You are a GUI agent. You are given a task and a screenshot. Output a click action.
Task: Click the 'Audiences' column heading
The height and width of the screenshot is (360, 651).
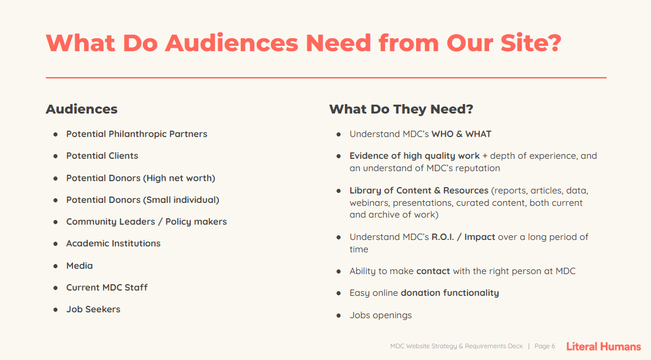[81, 109]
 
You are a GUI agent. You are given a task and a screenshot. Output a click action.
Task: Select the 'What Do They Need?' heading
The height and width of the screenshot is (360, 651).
[401, 109]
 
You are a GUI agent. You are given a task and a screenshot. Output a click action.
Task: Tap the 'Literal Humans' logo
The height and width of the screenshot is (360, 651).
[604, 346]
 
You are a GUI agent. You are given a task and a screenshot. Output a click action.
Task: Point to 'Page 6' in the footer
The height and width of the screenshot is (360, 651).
[544, 346]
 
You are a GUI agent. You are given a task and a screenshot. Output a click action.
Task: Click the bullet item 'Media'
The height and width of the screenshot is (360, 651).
[79, 265]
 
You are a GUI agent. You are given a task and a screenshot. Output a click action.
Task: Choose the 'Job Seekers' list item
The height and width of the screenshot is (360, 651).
[94, 309]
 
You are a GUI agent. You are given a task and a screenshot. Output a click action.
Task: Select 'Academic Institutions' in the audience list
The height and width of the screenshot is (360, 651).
[114, 244]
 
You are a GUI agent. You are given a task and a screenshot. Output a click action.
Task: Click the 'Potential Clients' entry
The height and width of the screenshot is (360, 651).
[102, 156]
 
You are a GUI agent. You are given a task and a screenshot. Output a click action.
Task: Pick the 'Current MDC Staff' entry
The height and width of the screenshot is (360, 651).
[107, 288]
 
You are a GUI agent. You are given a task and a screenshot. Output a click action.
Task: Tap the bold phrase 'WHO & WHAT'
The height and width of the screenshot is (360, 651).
[461, 134]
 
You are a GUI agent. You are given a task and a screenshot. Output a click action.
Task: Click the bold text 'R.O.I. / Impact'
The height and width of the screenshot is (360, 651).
[463, 237]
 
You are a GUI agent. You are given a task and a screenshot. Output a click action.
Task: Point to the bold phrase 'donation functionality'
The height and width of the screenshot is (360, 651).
[450, 293]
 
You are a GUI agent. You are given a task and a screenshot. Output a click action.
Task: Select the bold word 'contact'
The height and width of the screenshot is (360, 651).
[433, 271]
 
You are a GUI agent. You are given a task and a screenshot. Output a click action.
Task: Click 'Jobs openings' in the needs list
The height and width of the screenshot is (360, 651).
[381, 315]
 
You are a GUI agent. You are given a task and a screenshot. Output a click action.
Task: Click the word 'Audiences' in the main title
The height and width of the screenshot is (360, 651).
[232, 43]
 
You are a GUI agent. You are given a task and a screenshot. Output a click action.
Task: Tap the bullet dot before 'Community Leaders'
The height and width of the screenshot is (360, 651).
[56, 222]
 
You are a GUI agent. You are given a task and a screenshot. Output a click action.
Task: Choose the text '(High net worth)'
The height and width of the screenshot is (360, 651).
[180, 178]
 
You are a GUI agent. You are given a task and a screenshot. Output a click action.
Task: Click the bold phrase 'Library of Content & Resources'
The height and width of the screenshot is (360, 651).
[419, 191]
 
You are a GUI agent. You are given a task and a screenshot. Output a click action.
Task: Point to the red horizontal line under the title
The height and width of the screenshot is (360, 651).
[326, 78]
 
